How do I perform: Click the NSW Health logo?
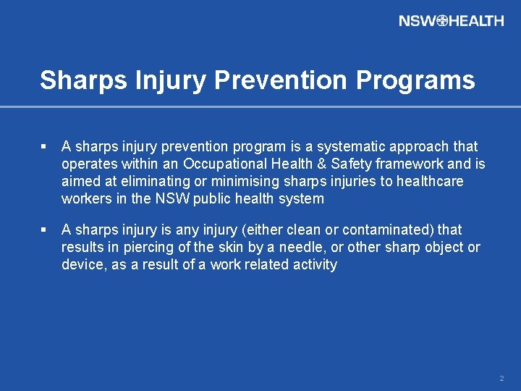(x=451, y=21)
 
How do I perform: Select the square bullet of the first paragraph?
(x=44, y=147)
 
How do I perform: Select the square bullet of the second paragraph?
(x=44, y=230)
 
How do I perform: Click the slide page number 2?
(x=501, y=379)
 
